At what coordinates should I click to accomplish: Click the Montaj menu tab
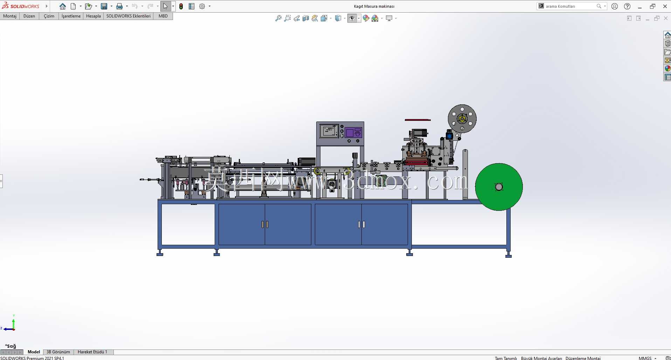tap(10, 16)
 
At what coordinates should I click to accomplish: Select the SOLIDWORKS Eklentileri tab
tap(129, 16)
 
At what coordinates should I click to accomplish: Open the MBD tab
tap(163, 16)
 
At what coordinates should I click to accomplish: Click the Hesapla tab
tap(94, 16)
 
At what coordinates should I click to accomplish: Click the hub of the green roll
tap(499, 187)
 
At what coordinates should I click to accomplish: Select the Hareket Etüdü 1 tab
tap(92, 352)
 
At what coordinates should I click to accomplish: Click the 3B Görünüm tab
tap(58, 352)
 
